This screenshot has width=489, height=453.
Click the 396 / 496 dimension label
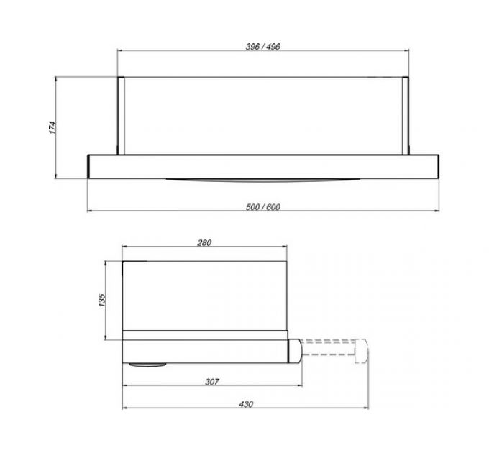pos(263,47)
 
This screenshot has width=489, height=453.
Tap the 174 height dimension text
pos(52,127)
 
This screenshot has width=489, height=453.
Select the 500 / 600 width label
pos(263,207)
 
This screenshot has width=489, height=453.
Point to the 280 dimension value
pos(204,242)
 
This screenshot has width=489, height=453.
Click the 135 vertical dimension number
pos(102,300)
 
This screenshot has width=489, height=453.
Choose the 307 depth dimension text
pos(212,382)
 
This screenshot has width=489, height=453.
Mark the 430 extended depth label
pos(246,404)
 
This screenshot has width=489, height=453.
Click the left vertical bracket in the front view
pos(121,116)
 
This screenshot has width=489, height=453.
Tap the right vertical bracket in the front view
pos(406,116)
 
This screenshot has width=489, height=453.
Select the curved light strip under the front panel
pos(263,180)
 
